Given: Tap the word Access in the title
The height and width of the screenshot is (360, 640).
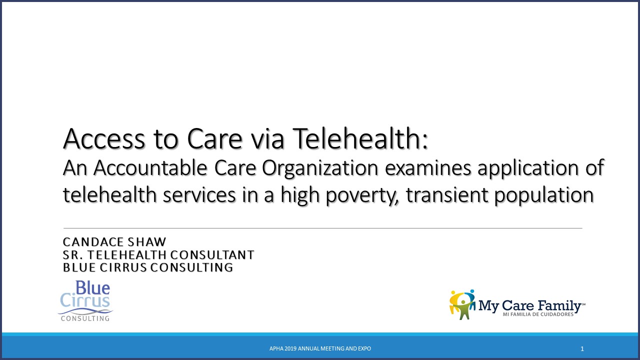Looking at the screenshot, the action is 104,139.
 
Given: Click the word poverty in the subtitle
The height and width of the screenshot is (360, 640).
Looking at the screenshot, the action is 362,195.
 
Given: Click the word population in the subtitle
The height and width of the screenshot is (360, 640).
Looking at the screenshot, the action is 544,195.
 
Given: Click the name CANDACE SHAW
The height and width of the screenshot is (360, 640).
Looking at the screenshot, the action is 114,242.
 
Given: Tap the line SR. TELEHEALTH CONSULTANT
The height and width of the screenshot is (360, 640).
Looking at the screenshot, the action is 158,255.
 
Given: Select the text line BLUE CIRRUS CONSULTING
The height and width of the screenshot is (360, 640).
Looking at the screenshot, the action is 148,267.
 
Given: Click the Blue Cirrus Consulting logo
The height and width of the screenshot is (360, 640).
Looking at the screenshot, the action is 85,301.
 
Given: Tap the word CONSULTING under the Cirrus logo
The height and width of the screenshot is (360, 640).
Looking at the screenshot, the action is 85,318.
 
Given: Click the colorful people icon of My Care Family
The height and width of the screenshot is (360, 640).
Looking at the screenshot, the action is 462,304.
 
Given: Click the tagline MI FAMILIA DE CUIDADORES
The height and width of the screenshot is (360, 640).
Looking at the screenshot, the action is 538,314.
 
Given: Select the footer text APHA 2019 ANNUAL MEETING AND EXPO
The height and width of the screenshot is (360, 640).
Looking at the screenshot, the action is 320,348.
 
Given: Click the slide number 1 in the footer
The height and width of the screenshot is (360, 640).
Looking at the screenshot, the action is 582,349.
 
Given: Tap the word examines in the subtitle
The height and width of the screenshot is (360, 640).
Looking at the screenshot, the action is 427,168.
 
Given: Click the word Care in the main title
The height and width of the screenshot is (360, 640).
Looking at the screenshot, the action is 215,139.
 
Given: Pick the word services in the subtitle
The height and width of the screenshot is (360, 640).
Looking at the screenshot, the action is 199,195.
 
